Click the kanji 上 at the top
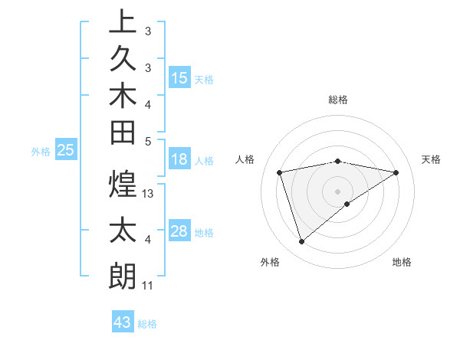click(x=122, y=21)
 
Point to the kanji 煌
click(x=122, y=185)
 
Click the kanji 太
click(x=122, y=231)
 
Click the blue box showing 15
click(x=179, y=78)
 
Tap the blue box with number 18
click(x=179, y=159)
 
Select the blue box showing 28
click(x=179, y=231)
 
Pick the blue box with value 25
click(x=66, y=151)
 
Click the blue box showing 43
click(x=123, y=322)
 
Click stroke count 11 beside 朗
click(x=148, y=286)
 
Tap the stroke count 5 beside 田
click(x=148, y=141)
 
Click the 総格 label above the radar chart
click(x=338, y=100)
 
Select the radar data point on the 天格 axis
click(x=396, y=172)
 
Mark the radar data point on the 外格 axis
click(x=301, y=242)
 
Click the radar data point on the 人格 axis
click(x=280, y=172)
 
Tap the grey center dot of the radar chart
click(x=338, y=191)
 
